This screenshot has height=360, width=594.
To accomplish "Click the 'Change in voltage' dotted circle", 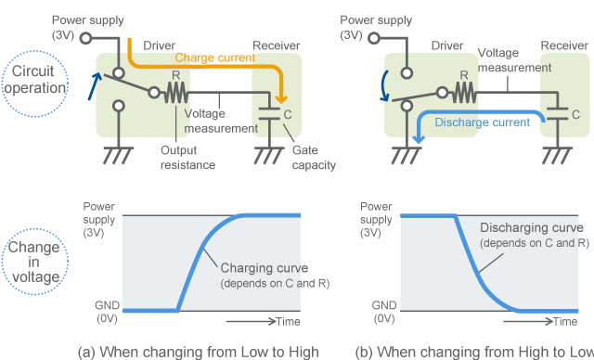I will [34, 257].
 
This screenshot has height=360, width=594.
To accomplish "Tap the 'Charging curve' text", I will [265, 268].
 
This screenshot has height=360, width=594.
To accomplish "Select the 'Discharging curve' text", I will [531, 227].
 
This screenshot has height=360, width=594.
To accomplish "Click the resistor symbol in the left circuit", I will [175, 93].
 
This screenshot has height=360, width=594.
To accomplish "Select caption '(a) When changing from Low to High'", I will [199, 351].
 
